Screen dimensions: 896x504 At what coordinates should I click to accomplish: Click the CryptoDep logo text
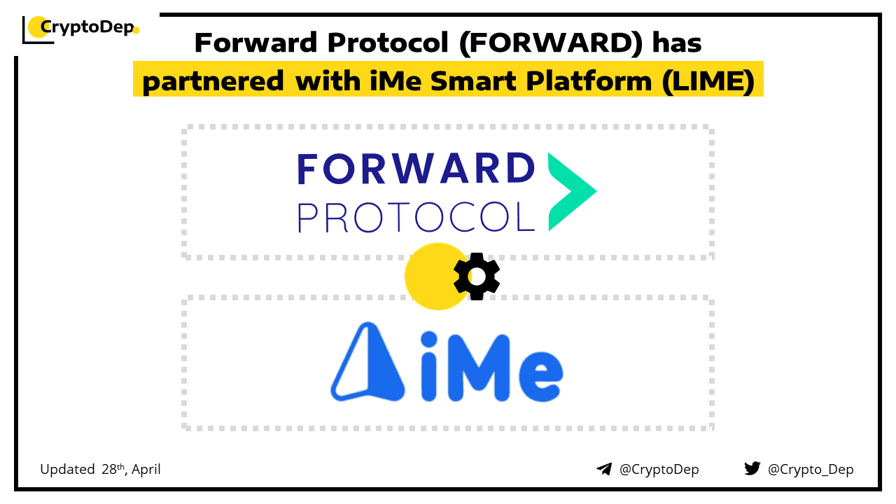(87, 27)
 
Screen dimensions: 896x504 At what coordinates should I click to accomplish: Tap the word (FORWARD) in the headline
(551, 43)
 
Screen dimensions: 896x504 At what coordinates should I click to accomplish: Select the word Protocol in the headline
(388, 43)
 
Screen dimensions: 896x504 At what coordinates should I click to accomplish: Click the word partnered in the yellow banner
(213, 82)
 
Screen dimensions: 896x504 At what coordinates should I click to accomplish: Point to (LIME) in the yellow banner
(708, 82)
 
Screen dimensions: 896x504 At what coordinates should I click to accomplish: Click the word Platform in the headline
(589, 80)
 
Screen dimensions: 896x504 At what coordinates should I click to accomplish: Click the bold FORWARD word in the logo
(416, 169)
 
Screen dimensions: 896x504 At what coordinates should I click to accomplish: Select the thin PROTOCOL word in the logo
(416, 217)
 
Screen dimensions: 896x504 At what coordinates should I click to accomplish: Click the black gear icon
(477, 276)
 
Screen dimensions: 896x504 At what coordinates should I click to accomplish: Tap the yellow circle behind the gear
(436, 276)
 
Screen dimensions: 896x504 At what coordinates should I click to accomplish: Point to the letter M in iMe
(479, 368)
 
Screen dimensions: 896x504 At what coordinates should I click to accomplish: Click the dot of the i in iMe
(429, 339)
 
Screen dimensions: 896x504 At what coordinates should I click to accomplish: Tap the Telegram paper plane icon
(604, 469)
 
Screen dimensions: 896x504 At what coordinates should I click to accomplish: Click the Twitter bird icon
(752, 468)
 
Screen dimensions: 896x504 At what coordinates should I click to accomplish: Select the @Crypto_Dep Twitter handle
(811, 470)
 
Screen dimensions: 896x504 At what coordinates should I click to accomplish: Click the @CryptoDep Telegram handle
(659, 470)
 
